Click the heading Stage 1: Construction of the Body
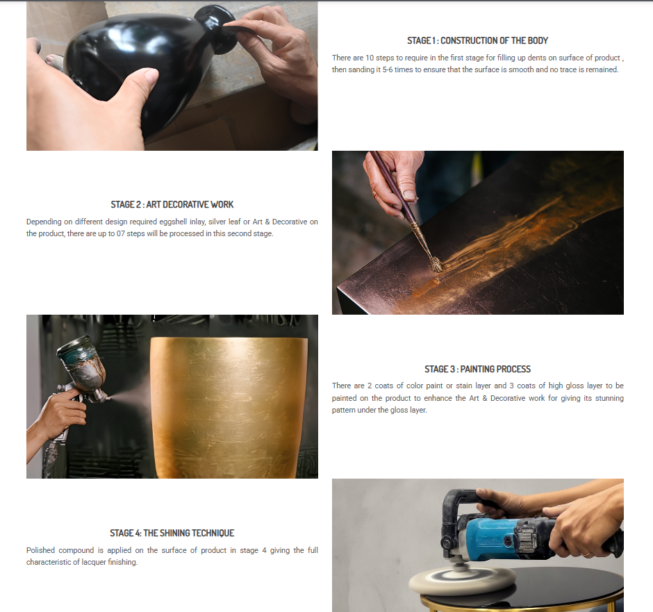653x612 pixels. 477,40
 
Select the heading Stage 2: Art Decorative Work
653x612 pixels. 172,204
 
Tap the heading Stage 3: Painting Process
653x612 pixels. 477,369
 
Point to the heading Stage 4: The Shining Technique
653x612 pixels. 172,533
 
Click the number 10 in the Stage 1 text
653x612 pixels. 370,58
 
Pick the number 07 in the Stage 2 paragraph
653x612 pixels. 120,233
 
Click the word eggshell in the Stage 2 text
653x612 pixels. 173,222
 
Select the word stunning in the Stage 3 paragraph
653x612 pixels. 609,399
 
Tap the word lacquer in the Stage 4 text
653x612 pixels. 93,562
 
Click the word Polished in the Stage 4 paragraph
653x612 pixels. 40,550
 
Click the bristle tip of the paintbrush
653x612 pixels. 436,265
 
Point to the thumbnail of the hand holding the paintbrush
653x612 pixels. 408,195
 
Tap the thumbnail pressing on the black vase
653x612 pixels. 147,76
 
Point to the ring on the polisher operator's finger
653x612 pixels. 586,554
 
